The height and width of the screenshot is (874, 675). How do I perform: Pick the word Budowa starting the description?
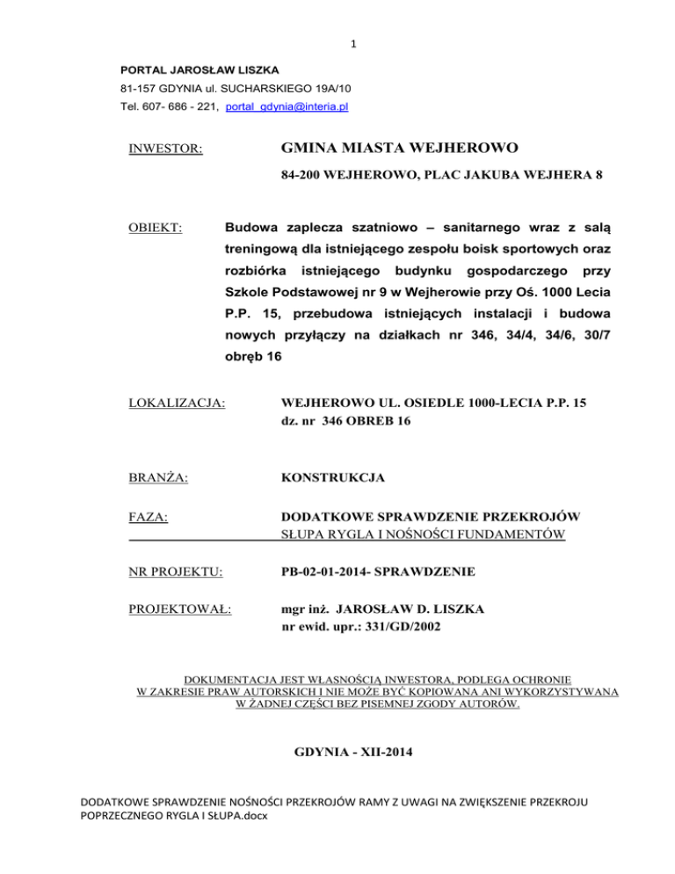(253, 228)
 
